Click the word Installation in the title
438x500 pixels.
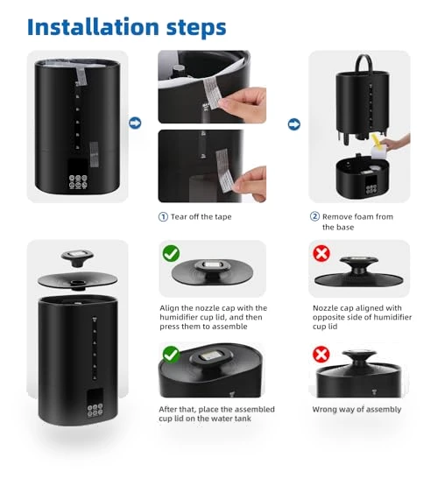[x=93, y=27]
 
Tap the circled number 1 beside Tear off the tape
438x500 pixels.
[x=163, y=217]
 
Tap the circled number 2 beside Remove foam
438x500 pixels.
[x=314, y=216]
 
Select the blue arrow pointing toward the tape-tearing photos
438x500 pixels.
[x=135, y=123]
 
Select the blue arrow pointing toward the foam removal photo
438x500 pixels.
[x=294, y=124]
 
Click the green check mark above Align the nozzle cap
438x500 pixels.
[x=171, y=254]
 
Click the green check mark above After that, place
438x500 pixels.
[x=171, y=355]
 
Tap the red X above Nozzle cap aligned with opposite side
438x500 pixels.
[x=321, y=254]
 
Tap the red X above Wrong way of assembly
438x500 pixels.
[x=321, y=355]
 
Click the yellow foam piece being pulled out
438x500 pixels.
[x=376, y=142]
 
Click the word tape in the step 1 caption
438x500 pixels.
[x=223, y=217]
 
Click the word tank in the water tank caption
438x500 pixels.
[x=242, y=419]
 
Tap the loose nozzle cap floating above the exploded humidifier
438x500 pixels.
[x=77, y=257]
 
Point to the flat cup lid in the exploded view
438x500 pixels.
[x=77, y=280]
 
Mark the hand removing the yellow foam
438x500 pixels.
[x=396, y=143]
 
